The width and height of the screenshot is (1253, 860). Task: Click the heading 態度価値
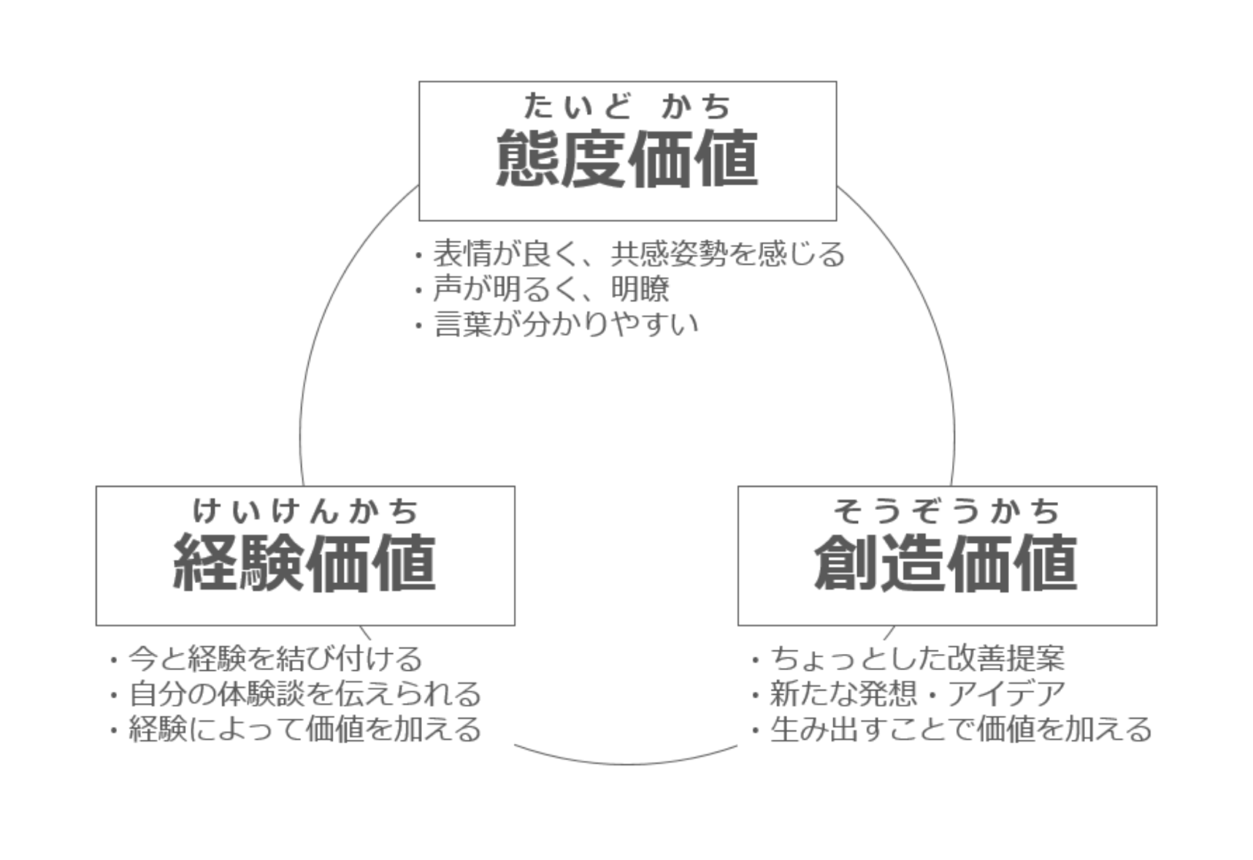(x=626, y=158)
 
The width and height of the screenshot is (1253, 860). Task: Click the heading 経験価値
(x=304, y=562)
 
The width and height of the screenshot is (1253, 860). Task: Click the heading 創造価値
(x=946, y=562)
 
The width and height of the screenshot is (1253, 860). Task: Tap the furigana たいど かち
(x=626, y=106)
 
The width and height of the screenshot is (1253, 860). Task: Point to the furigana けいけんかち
(x=305, y=510)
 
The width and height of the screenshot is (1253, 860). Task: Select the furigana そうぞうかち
(x=947, y=510)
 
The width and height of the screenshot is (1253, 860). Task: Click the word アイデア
(x=1007, y=693)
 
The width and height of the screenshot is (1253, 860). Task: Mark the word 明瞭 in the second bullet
(x=640, y=289)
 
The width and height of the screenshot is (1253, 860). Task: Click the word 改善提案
(x=1006, y=658)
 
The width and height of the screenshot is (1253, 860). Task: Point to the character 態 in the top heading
(x=528, y=158)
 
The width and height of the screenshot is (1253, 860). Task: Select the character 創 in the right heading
(x=847, y=562)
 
